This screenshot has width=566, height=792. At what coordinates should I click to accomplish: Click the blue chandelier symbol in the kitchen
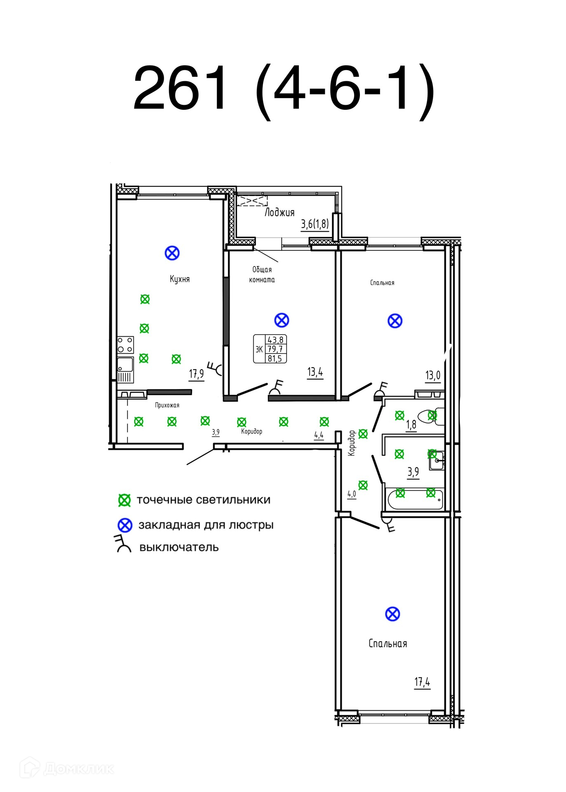coord(172,253)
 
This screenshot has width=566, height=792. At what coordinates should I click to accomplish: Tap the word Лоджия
coord(279,212)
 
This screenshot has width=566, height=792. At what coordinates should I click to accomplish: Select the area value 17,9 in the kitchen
coord(196,374)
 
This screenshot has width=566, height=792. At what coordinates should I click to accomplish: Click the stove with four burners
coord(125,345)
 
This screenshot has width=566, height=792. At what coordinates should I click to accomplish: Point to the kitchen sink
coord(125,365)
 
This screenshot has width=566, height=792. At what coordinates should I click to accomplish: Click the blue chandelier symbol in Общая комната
coord(282,320)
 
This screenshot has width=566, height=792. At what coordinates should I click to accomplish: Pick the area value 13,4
coord(315,372)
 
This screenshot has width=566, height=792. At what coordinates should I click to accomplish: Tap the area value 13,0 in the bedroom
coord(432,375)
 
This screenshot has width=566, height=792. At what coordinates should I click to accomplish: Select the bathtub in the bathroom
coord(415,500)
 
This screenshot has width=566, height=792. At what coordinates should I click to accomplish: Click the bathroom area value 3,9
coord(413,471)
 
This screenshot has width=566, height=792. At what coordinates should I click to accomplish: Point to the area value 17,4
coord(422,682)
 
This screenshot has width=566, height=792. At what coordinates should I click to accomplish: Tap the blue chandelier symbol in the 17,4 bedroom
coord(392,614)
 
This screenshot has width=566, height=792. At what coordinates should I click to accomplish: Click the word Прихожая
coord(167,405)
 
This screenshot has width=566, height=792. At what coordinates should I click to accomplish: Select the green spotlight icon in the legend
coord(124,500)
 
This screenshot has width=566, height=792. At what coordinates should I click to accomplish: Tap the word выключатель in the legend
coord(179,547)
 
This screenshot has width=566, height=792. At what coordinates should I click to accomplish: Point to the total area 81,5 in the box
coord(275,358)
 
